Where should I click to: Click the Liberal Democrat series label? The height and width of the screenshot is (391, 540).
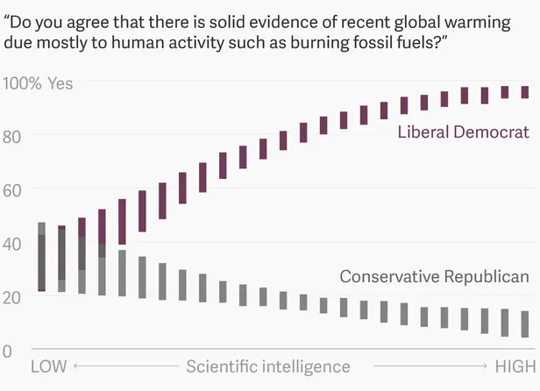pos(463,132)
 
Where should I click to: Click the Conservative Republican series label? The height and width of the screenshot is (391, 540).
pos(434,277)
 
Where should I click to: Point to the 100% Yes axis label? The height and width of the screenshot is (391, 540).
pos(39,83)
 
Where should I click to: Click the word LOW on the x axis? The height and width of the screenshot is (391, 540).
pos(48,366)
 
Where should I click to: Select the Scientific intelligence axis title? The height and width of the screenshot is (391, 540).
pos(267,366)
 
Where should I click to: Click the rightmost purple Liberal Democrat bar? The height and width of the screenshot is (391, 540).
pos(525,92)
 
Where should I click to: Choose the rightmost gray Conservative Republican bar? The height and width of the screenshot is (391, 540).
pos(525,323)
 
